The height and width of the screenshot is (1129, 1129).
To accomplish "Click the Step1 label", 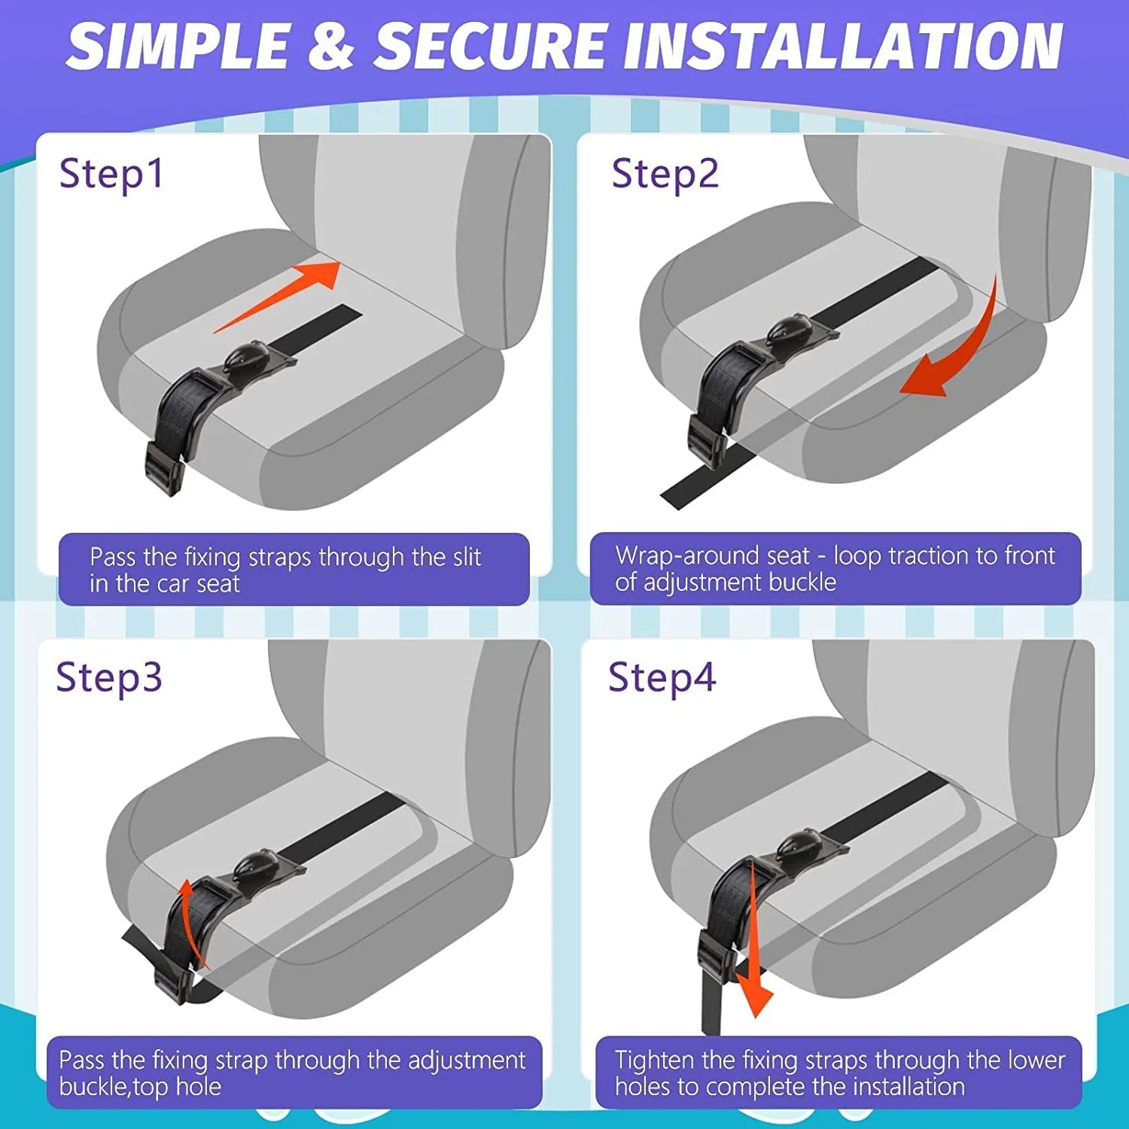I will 111,174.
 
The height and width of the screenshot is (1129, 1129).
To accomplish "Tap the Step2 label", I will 665,174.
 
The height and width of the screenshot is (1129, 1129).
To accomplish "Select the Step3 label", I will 109,677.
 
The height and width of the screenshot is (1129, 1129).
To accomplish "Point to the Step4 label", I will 662,677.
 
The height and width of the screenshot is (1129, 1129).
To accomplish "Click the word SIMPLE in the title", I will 177,47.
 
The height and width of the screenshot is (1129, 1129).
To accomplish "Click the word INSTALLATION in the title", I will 843,47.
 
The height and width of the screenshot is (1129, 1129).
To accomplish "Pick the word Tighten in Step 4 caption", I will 653,1060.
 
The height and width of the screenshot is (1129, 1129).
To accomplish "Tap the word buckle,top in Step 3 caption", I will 140,1086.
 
